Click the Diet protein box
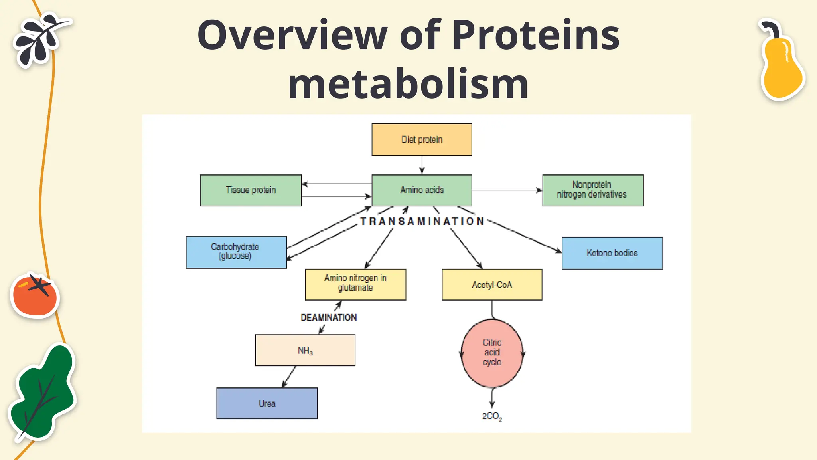pos(422,139)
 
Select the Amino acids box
pos(422,190)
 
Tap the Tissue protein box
pos(251,190)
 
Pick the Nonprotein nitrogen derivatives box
pos(592,190)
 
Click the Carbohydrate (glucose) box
pos(236,252)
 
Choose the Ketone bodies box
pos(612,253)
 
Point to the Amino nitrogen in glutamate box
pos(355,284)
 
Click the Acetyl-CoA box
pos(491,284)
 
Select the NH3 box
pos(305,350)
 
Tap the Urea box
pos(267,403)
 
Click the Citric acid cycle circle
pos(492,353)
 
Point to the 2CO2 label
pos(492,416)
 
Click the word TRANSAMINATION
pos(422,222)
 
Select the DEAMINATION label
pos(329,317)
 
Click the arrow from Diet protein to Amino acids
pos(422,165)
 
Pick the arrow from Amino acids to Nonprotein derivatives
pos(507,190)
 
